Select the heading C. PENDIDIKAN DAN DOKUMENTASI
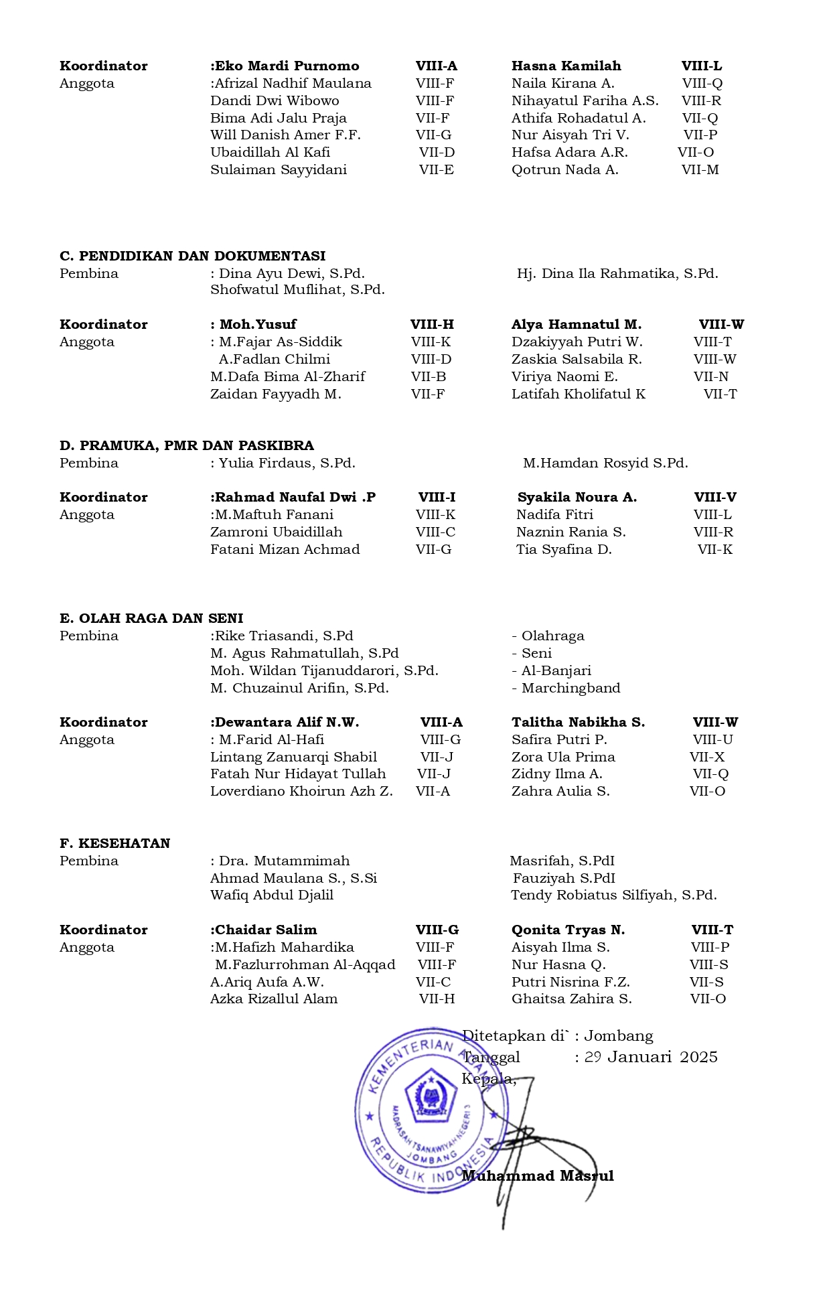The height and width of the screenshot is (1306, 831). (192, 256)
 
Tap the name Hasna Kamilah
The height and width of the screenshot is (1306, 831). (566, 66)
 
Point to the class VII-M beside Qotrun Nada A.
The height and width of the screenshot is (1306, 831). (700, 170)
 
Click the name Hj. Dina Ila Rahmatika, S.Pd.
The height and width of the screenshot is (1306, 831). (617, 273)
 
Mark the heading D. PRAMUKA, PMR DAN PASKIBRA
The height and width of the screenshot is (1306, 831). (186, 446)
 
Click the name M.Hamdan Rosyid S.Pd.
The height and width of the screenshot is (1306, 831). (605, 463)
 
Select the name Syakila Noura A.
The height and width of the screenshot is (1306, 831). (577, 498)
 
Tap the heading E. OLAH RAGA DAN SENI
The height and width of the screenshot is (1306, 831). (151, 619)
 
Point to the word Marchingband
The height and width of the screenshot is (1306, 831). (571, 688)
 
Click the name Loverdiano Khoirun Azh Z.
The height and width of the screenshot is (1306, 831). (301, 792)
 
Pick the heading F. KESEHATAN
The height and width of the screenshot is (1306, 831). (115, 844)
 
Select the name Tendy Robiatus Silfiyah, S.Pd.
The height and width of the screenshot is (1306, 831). (613, 895)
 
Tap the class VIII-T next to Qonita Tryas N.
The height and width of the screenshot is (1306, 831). (712, 930)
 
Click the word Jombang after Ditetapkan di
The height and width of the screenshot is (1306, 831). (618, 1036)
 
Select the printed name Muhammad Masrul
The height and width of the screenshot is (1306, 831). (537, 1176)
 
